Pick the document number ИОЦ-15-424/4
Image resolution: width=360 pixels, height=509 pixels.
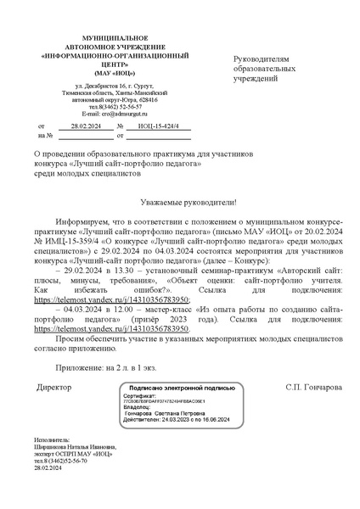pyautogui.click(x=159, y=125)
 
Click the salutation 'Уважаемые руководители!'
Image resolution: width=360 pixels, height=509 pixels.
pyautogui.click(x=180, y=204)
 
